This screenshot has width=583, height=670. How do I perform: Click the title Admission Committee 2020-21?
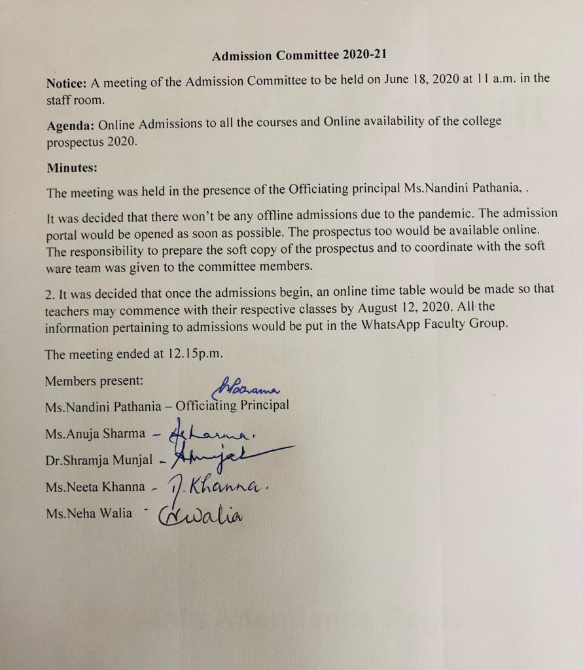tap(303, 56)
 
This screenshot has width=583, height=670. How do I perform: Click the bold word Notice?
tap(66, 83)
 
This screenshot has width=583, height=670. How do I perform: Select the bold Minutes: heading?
tap(72, 168)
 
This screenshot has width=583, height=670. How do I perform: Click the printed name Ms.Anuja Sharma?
tap(96, 433)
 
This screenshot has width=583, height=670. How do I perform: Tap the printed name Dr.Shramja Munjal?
tap(99, 460)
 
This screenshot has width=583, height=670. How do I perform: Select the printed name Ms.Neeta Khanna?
tap(95, 487)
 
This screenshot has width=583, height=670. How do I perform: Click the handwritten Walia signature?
tap(200, 515)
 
